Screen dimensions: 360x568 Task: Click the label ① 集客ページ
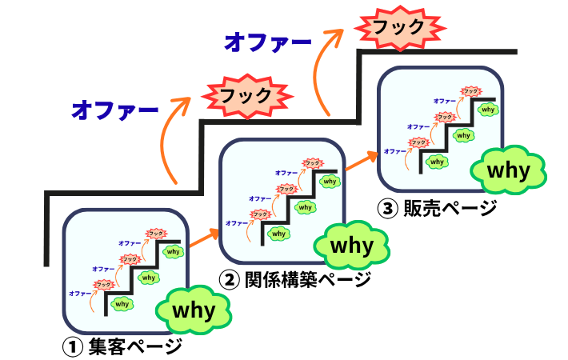coord(122,347)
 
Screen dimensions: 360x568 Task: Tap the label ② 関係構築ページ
coord(295,280)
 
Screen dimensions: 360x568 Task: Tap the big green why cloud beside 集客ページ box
coord(195,310)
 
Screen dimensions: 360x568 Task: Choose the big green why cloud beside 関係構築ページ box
coord(353,245)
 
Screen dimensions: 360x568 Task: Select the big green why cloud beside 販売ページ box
coord(509,170)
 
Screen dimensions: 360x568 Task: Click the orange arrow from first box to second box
coord(203,238)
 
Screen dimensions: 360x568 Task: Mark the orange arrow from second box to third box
coord(361,164)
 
